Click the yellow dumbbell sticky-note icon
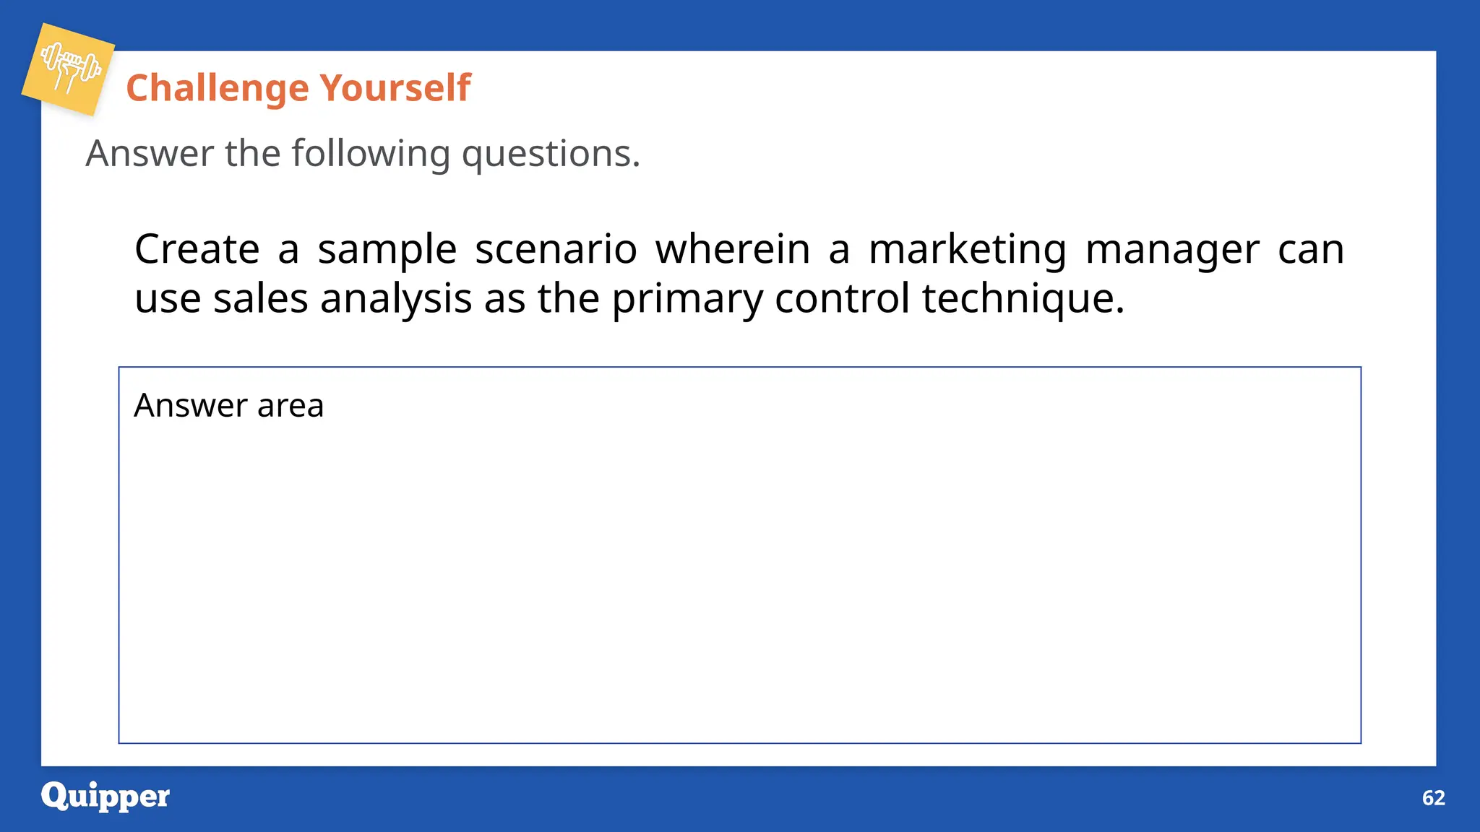point(69,69)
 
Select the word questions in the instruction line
point(550,154)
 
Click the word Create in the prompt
point(197,249)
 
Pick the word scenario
point(556,249)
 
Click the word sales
point(260,298)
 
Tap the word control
point(842,298)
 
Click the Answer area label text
point(228,405)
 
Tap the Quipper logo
point(106,797)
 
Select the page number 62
point(1433,797)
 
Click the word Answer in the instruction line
point(150,154)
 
